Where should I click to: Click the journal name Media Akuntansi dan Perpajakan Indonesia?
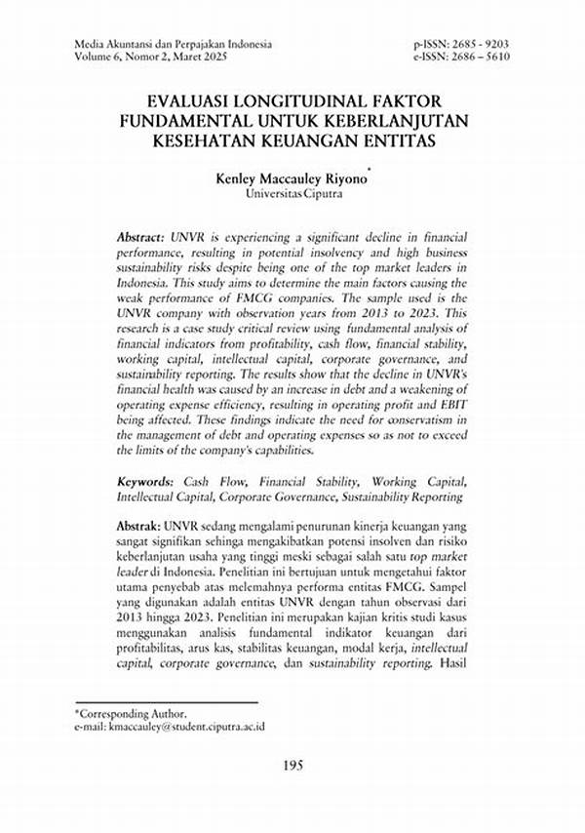[x=173, y=44]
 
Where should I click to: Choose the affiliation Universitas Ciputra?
[x=292, y=194]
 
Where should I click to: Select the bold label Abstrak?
[x=139, y=524]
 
